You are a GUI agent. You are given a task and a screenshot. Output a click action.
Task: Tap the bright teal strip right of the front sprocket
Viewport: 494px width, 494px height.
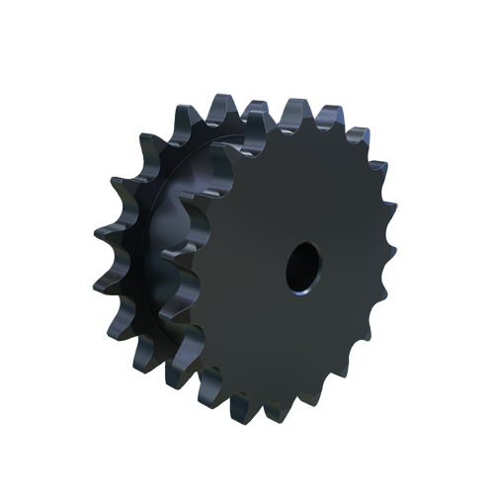392,296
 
